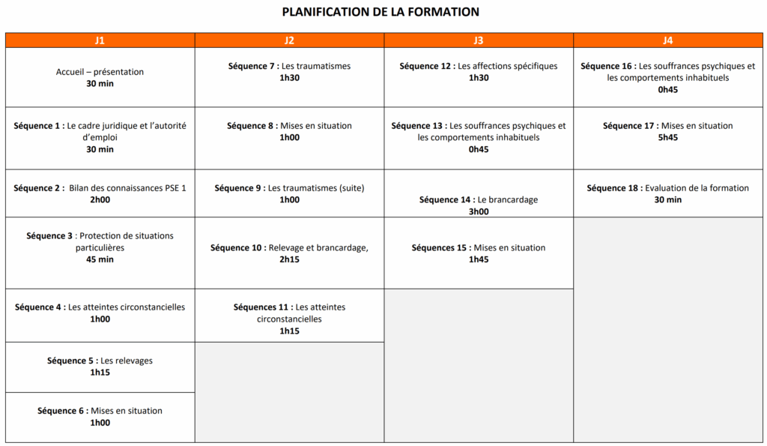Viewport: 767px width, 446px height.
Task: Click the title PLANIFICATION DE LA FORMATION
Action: click(x=381, y=12)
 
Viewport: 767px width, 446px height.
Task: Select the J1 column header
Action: click(x=100, y=40)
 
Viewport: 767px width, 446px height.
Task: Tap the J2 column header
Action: click(x=289, y=40)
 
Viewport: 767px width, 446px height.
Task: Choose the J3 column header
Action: click(x=479, y=40)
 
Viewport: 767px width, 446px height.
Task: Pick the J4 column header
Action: click(x=668, y=40)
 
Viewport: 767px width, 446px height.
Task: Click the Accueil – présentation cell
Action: click(x=100, y=77)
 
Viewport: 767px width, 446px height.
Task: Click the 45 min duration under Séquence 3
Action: click(x=100, y=259)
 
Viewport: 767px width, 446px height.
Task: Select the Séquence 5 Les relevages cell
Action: click(x=100, y=367)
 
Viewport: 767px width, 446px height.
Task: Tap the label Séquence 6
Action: click(x=61, y=411)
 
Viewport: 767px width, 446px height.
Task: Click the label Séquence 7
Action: click(x=252, y=66)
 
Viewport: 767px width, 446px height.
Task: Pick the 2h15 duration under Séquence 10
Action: click(x=289, y=259)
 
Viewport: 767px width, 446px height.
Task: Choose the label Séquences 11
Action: click(x=262, y=307)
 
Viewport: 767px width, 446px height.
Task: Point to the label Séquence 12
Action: click(x=426, y=66)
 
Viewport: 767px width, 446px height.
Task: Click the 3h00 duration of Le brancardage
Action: click(x=479, y=211)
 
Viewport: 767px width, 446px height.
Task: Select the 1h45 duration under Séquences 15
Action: click(x=479, y=259)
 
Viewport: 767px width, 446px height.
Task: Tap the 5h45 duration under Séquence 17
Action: click(x=667, y=137)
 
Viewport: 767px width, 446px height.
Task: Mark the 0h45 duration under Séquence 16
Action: click(x=667, y=89)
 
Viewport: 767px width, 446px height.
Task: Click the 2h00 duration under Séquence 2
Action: click(x=100, y=199)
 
